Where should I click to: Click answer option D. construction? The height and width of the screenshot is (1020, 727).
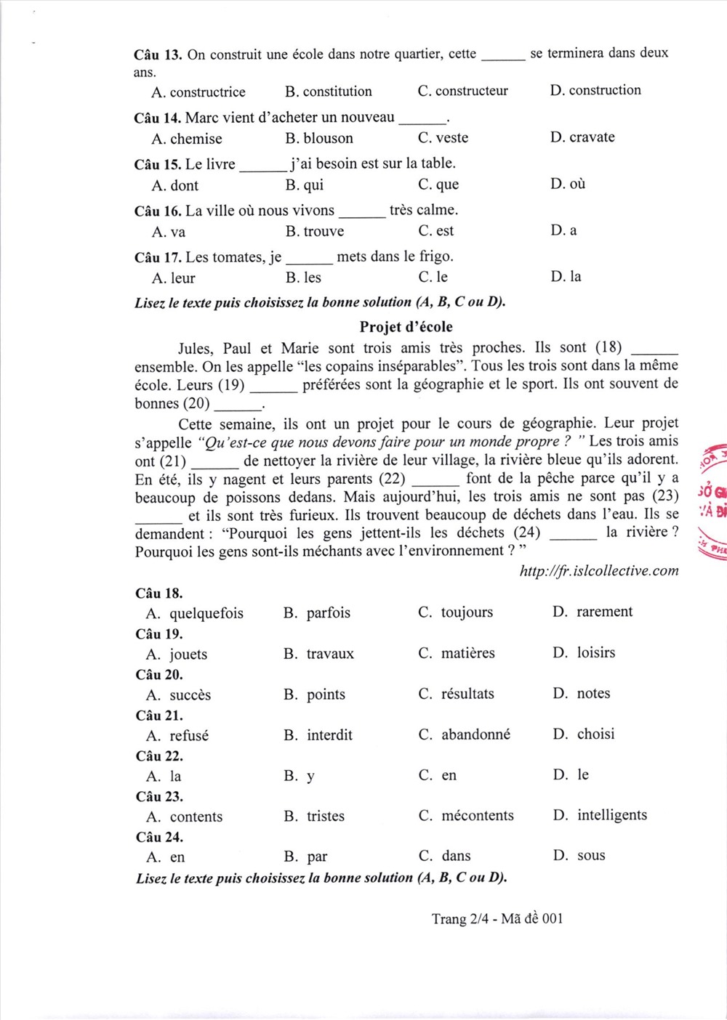click(x=595, y=91)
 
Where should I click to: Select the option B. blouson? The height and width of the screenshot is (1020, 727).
click(x=319, y=138)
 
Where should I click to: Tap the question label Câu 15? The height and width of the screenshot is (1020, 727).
click(x=157, y=165)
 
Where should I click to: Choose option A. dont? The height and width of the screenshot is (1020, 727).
click(x=175, y=185)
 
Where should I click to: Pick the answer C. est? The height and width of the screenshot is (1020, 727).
click(x=435, y=231)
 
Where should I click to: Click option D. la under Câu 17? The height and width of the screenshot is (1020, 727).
click(x=566, y=277)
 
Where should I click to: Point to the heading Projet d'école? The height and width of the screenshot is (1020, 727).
click(x=406, y=327)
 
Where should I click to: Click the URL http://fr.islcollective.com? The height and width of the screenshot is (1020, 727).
click(x=599, y=571)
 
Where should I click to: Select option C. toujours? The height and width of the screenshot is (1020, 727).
click(x=456, y=612)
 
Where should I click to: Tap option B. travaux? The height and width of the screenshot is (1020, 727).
click(x=319, y=654)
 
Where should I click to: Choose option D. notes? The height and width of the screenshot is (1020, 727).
click(x=582, y=694)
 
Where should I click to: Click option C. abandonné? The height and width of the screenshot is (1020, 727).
click(x=465, y=734)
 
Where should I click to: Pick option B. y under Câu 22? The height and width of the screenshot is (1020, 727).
click(x=300, y=776)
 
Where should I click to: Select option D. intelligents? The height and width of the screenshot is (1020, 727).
click(x=600, y=815)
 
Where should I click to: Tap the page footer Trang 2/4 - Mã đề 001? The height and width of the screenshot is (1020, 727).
click(x=497, y=919)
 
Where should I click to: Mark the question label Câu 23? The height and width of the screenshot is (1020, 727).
click(x=159, y=797)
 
